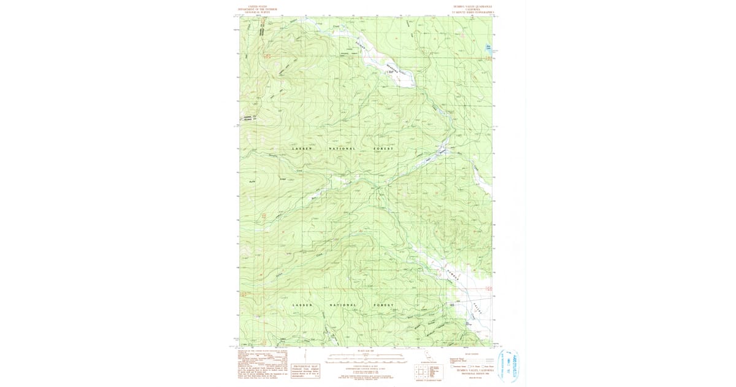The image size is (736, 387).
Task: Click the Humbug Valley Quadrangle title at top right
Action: click(472, 7)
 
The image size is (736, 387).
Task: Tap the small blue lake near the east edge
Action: click(489, 47)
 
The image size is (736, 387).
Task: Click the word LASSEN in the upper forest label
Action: click(301, 149)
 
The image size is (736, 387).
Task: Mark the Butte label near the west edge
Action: click(251, 181)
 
